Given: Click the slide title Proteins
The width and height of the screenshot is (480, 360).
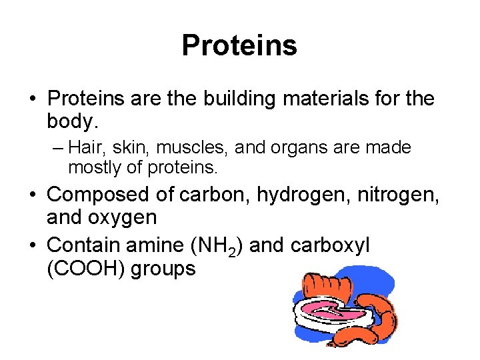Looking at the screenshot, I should click(x=239, y=46).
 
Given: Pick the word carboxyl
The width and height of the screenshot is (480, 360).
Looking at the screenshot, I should click(x=331, y=245).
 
